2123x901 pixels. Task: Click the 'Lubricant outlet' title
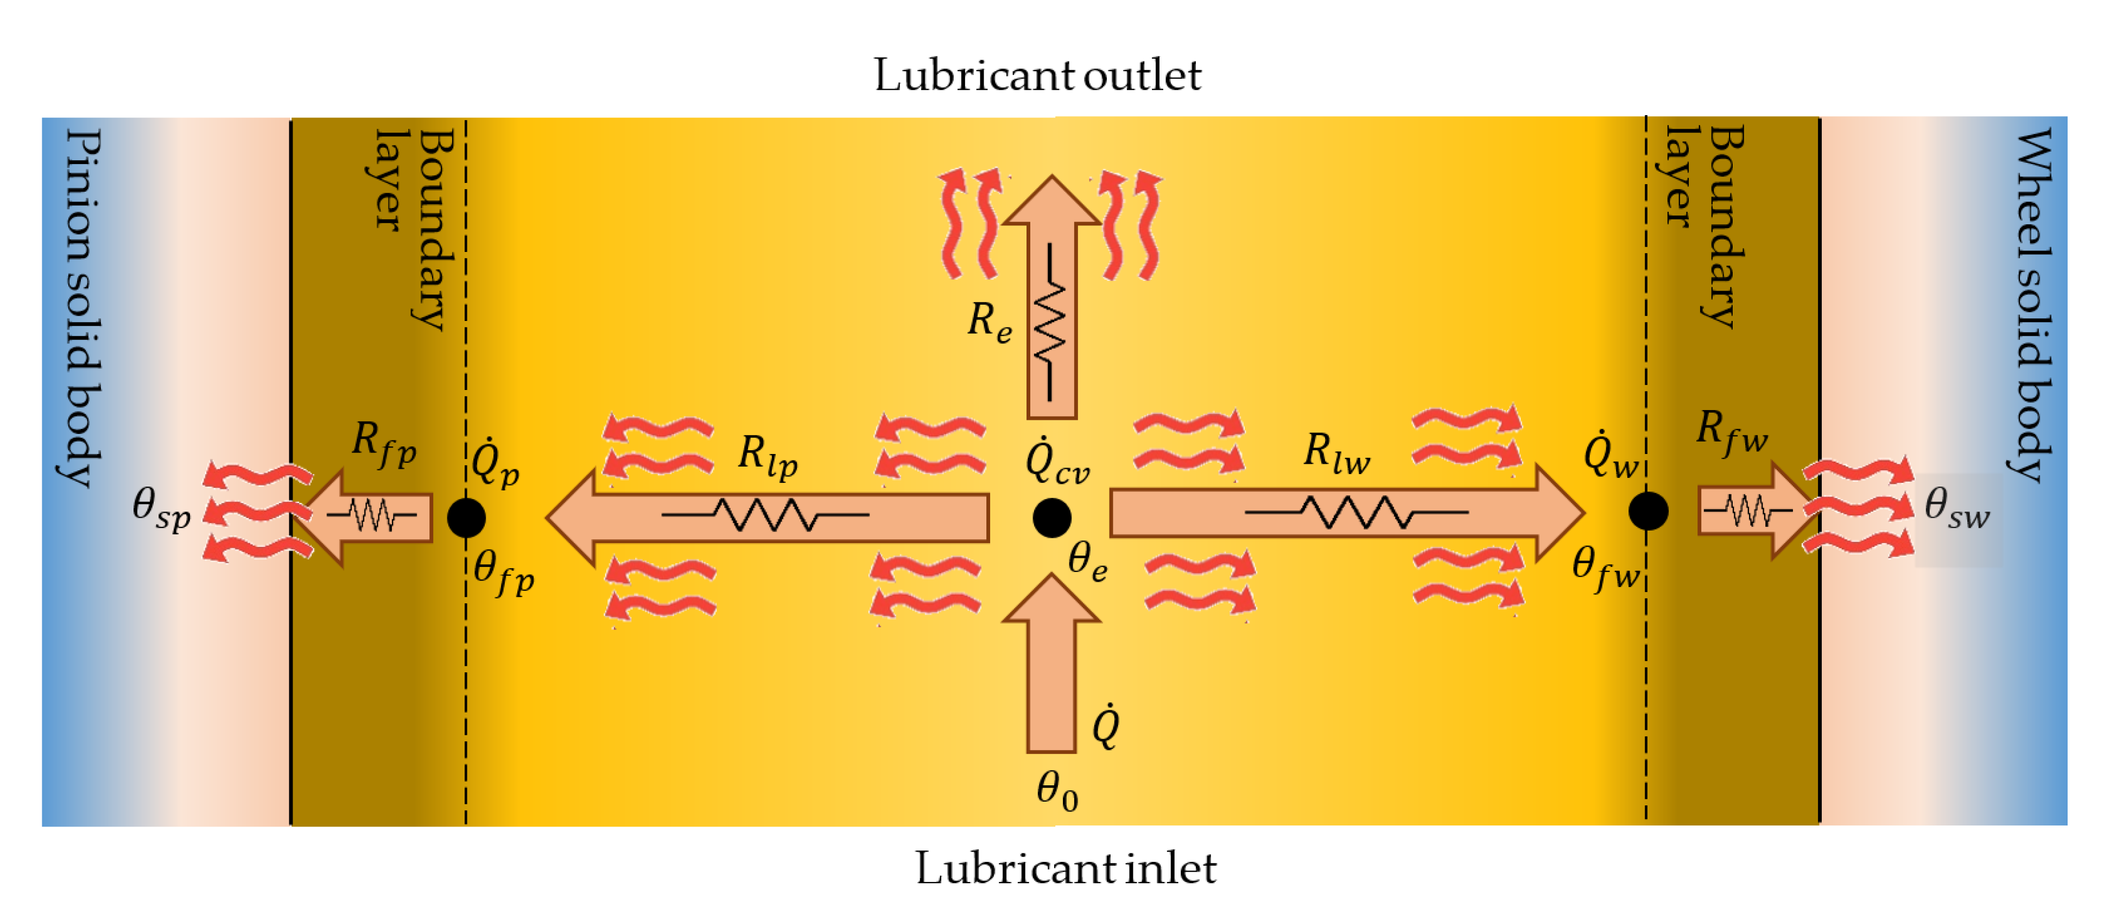(1037, 76)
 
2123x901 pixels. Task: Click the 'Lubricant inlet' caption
(1066, 868)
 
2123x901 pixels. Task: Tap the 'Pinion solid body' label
(83, 307)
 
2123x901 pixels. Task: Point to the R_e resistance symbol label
(989, 322)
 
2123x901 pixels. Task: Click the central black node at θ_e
(1051, 518)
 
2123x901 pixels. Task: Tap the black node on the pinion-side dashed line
(466, 518)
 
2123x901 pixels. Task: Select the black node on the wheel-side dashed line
(1648, 511)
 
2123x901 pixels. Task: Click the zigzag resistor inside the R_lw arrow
(1357, 512)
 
